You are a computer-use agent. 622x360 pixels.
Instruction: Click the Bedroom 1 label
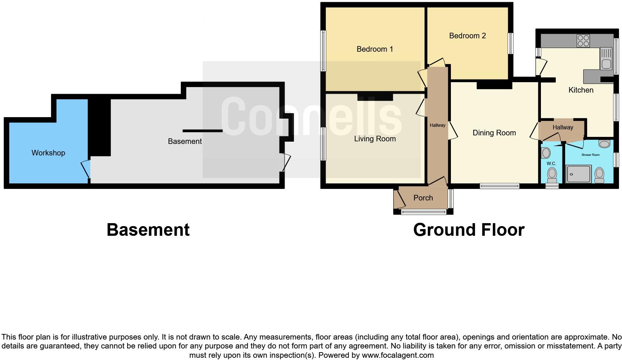(375, 49)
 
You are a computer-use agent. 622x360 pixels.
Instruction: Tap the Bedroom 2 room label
(467, 36)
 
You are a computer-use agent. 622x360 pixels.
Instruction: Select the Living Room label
(375, 139)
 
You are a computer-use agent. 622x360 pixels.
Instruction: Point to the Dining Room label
(494, 133)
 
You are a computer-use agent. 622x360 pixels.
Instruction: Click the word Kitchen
(581, 90)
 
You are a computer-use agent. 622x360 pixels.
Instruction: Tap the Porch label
(423, 198)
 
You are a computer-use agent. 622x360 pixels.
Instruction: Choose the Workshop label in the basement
(48, 153)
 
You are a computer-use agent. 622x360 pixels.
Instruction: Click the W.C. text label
(551, 164)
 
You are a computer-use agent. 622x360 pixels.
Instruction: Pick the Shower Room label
(590, 155)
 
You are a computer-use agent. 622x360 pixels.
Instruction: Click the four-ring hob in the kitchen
(583, 41)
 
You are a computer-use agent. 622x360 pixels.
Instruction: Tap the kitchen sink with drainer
(606, 59)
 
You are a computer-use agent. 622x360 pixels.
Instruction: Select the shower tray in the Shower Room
(578, 174)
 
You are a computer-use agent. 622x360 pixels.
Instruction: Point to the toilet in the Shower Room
(599, 174)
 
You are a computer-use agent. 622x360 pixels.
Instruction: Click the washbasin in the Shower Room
(605, 144)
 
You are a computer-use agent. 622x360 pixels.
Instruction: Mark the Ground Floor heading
(469, 230)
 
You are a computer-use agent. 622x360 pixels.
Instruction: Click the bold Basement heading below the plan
(148, 230)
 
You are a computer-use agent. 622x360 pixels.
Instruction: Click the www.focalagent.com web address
(398, 355)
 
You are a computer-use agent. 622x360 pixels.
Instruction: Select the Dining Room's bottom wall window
(499, 186)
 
